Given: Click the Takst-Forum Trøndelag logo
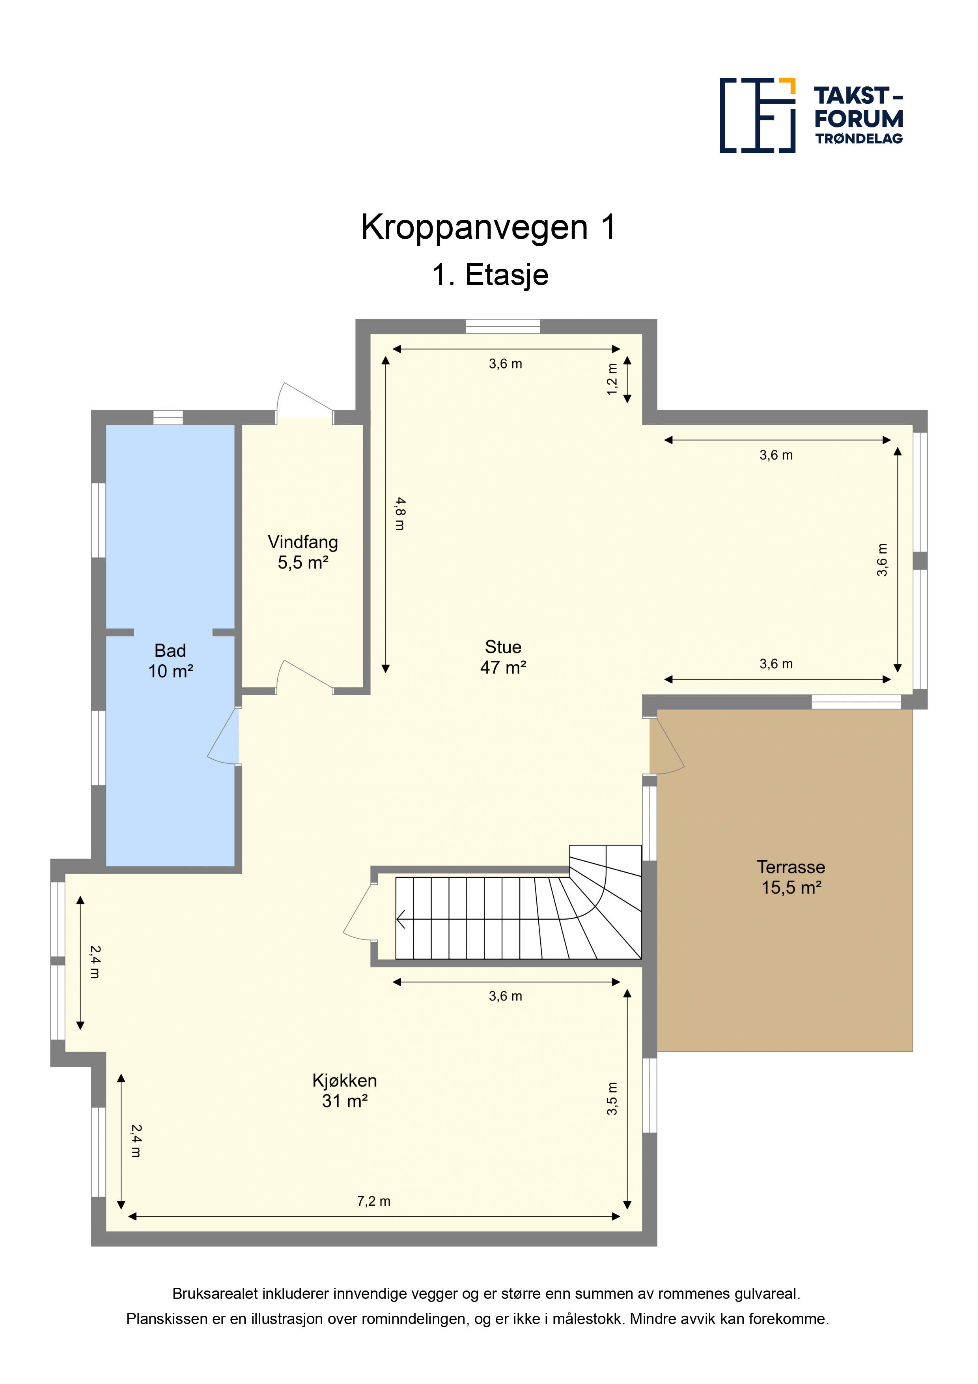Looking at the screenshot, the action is [811, 115].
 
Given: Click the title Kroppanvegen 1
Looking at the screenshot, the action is [489, 227].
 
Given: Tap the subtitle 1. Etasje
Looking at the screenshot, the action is [490, 275].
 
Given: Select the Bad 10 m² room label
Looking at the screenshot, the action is [170, 661].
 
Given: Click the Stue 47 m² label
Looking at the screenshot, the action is [503, 657].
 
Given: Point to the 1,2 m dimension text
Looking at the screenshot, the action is [612, 379].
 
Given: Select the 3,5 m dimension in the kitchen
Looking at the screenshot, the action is [612, 1098].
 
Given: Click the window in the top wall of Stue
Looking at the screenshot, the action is [503, 326].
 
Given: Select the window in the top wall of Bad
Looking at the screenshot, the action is [168, 417].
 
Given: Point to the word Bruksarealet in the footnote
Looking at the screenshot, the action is [215, 1294].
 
